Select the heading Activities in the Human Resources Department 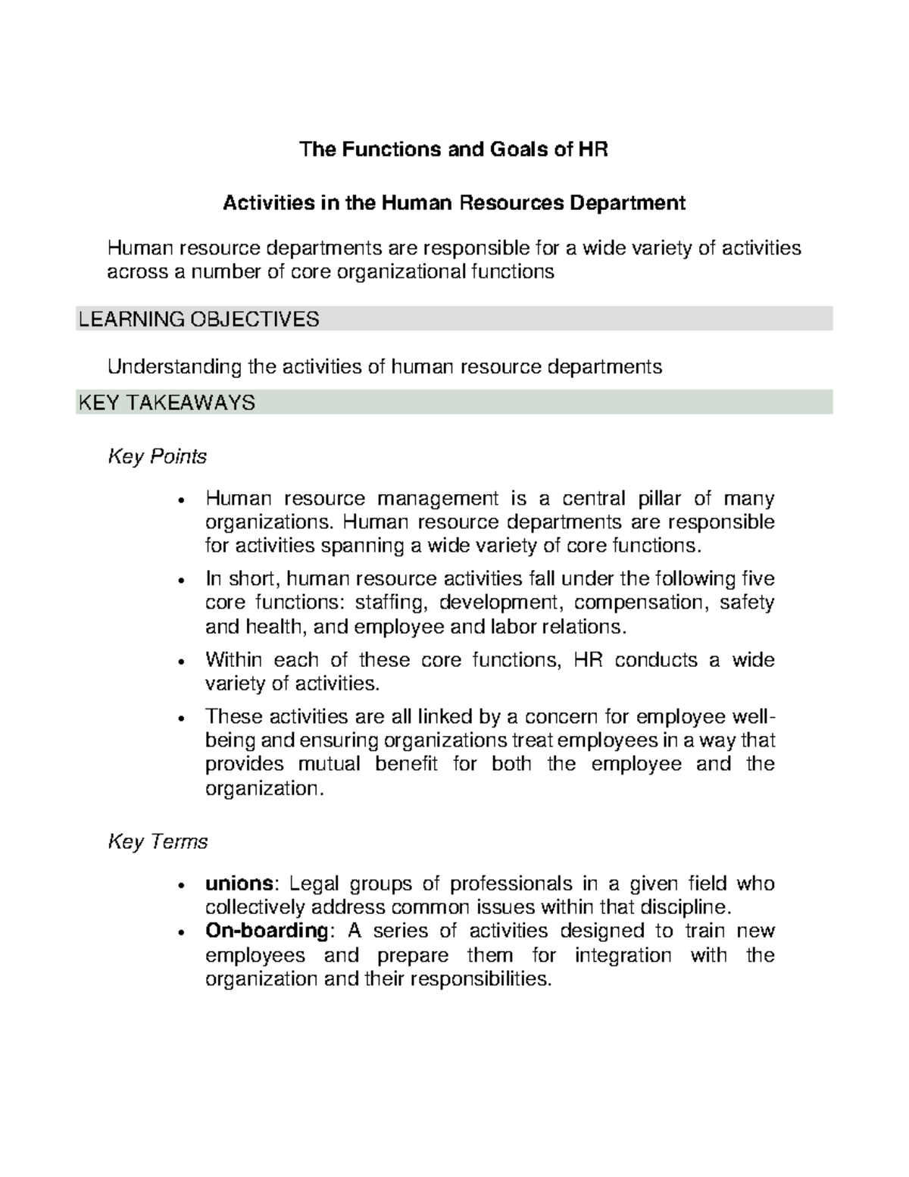coord(454,203)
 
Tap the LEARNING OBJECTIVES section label coord(198,320)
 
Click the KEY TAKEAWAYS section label coord(167,402)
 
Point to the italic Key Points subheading coord(158,457)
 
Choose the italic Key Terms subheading coord(158,842)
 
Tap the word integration coord(623,955)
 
